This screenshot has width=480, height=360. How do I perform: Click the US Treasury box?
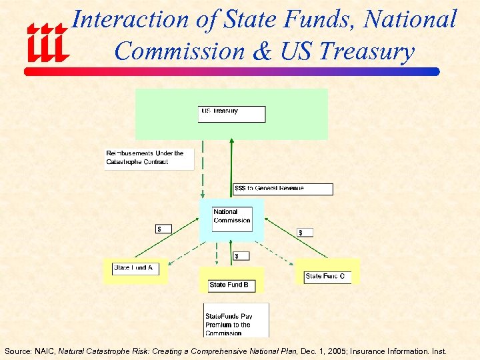click(x=231, y=114)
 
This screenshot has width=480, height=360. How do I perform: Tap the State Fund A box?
click(x=135, y=268)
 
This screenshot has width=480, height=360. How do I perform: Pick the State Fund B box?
click(x=231, y=285)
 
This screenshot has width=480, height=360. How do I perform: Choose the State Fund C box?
click(x=327, y=276)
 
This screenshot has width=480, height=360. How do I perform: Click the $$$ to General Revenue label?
click(x=282, y=189)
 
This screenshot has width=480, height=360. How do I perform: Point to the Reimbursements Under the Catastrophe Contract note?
click(x=149, y=158)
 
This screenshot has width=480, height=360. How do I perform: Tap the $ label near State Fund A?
click(x=163, y=229)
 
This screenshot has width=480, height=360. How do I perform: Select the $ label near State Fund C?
click(x=305, y=232)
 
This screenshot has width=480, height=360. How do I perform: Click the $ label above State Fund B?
click(x=241, y=255)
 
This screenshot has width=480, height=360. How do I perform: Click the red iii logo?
click(x=47, y=41)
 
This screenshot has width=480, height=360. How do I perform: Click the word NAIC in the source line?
click(x=44, y=351)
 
